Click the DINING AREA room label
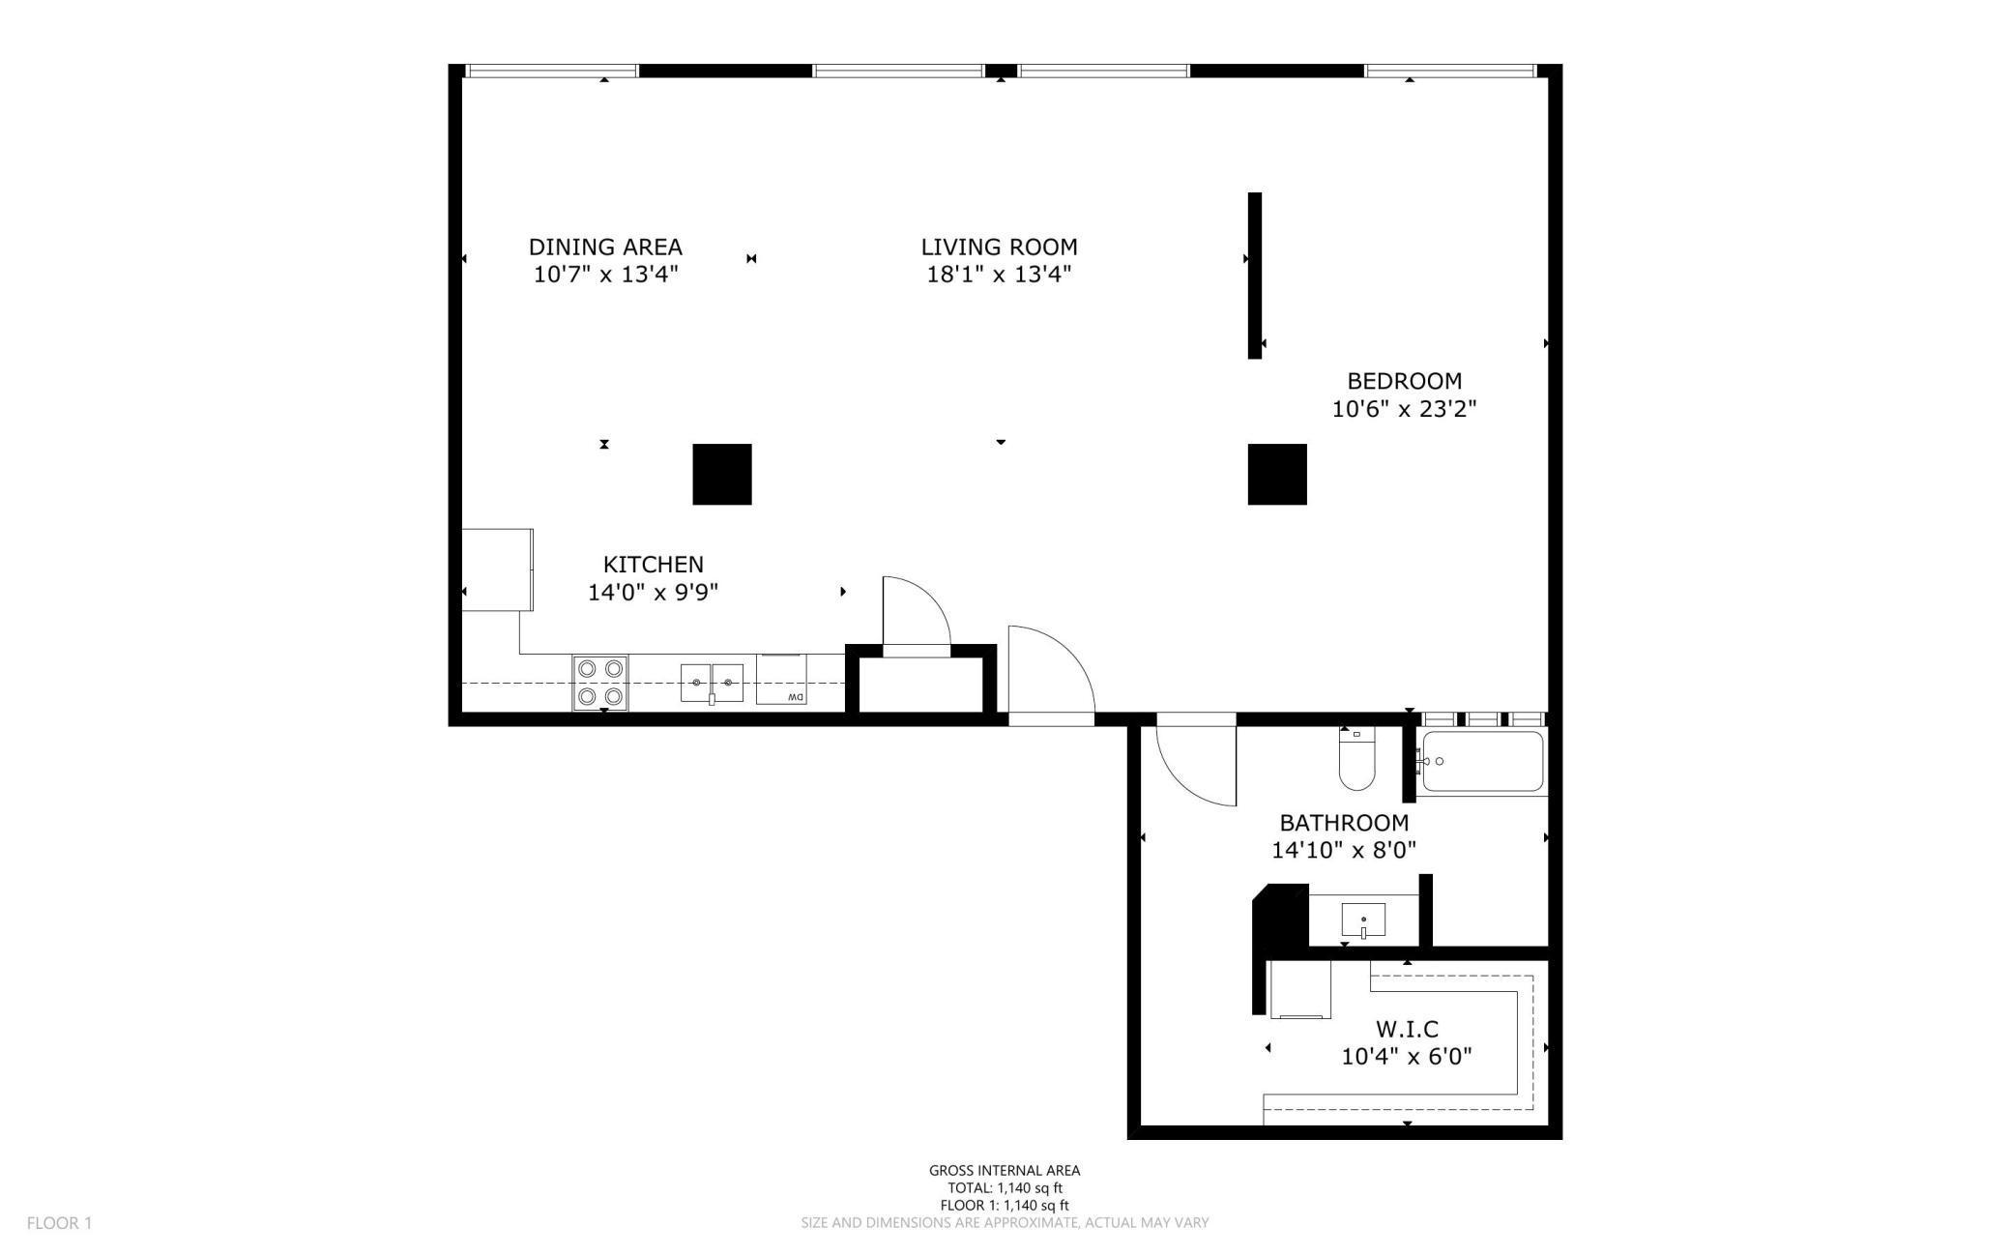click(x=605, y=247)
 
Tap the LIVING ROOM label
click(x=999, y=247)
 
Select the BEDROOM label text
click(x=1404, y=381)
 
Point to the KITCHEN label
click(x=653, y=564)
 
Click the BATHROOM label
click(x=1344, y=823)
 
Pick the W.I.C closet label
click(x=1407, y=1029)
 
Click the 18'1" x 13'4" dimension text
click(x=999, y=275)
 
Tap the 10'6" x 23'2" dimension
click(x=1404, y=409)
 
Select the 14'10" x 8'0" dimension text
click(x=1344, y=851)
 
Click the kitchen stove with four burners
click(x=600, y=683)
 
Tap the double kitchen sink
click(x=712, y=683)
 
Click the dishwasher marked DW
click(x=781, y=680)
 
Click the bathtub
click(x=1482, y=762)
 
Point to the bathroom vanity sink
click(x=1363, y=920)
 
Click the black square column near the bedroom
click(x=1277, y=474)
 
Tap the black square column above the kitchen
click(x=722, y=474)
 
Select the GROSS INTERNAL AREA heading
click(x=1005, y=1170)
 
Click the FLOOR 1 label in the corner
click(x=59, y=1223)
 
